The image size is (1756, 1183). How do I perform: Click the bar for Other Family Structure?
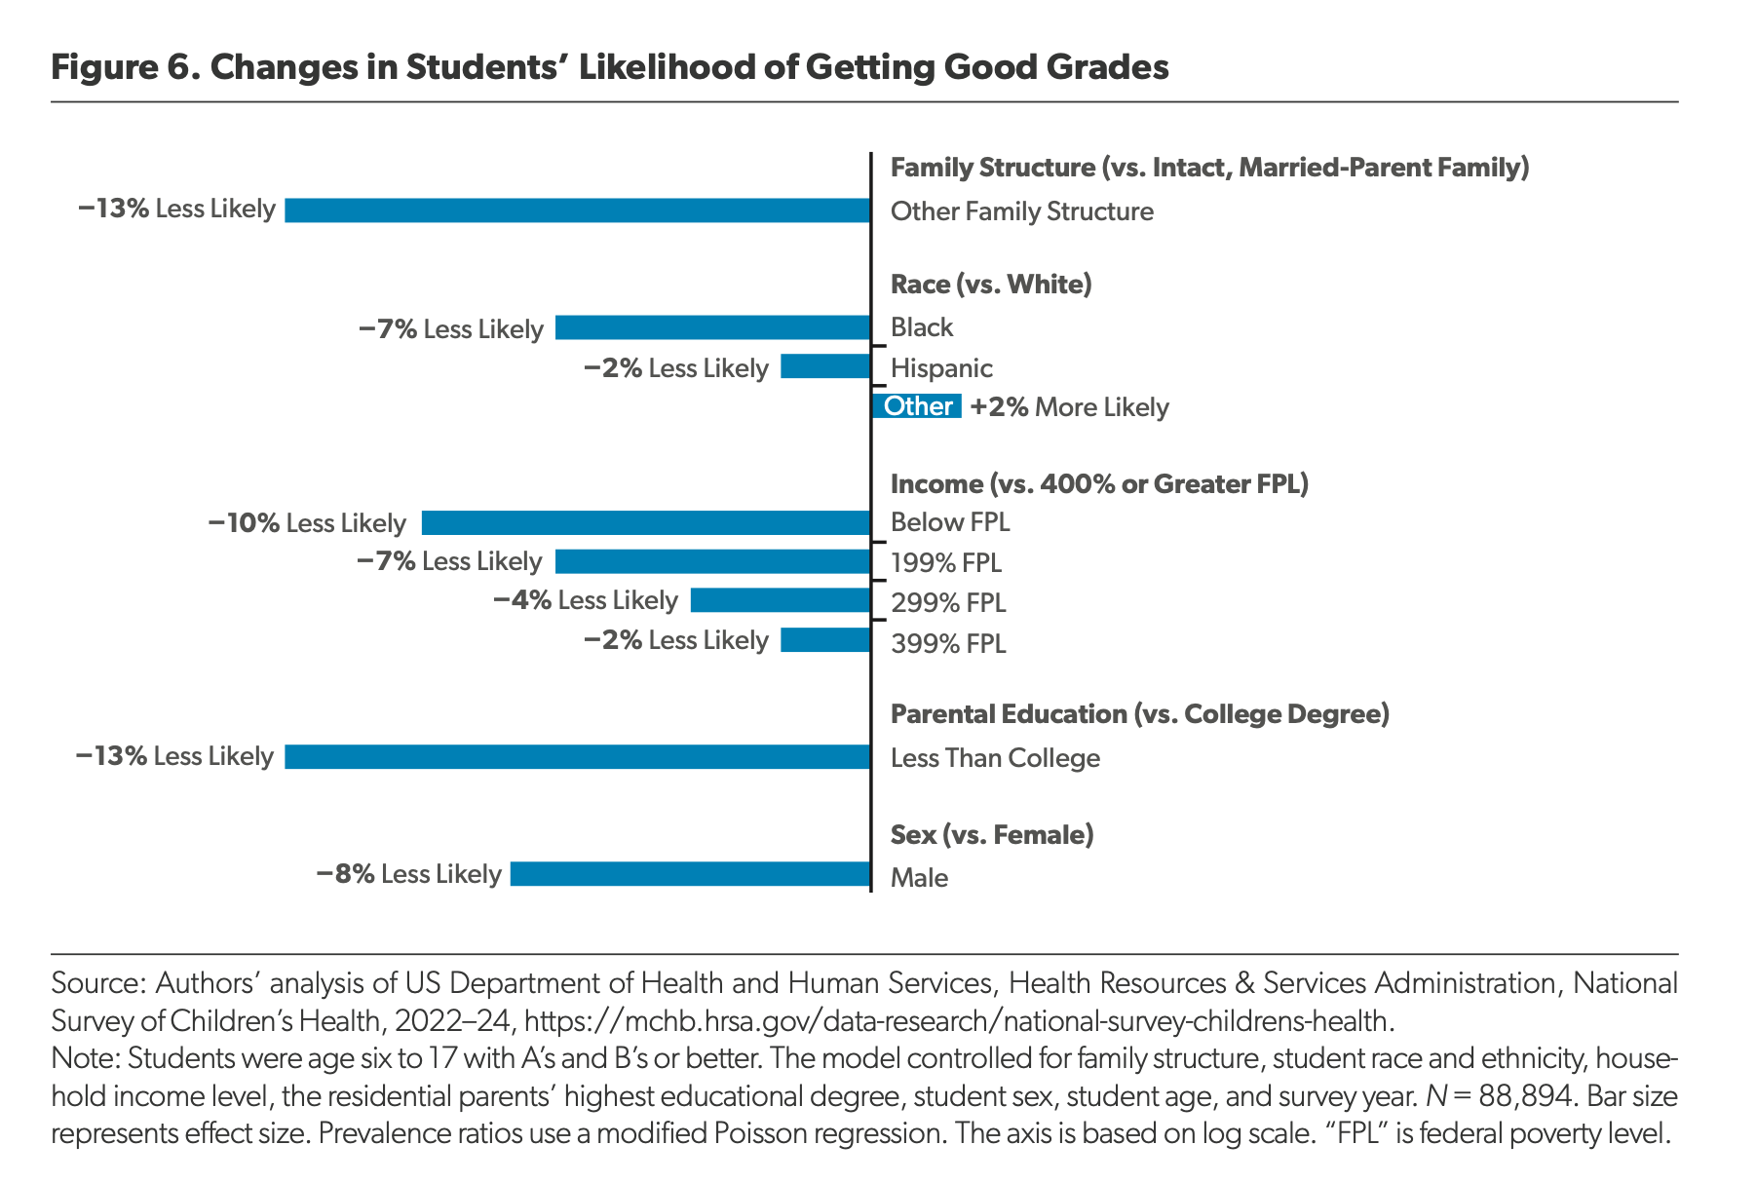[577, 210]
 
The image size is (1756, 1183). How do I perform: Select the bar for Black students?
[712, 327]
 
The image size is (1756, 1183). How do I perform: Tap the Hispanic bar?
[825, 366]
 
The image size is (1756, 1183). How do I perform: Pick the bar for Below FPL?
[646, 523]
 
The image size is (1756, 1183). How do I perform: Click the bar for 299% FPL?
[781, 600]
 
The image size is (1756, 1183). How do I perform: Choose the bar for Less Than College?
[577, 757]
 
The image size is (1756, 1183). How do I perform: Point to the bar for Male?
[690, 874]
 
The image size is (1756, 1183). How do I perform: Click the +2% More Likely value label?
[1069, 407]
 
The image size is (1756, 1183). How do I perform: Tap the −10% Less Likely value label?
[307, 523]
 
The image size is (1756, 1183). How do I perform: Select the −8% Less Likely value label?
[408, 874]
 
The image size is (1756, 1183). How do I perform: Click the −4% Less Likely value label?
[586, 600]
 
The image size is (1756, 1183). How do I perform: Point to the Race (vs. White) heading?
[991, 285]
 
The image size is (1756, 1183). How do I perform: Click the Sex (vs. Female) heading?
[992, 835]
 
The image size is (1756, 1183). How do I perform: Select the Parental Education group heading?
[1140, 715]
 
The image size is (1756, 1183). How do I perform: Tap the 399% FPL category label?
[948, 644]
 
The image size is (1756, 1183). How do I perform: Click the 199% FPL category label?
[946, 563]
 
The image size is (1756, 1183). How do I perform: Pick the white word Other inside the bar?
[918, 406]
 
